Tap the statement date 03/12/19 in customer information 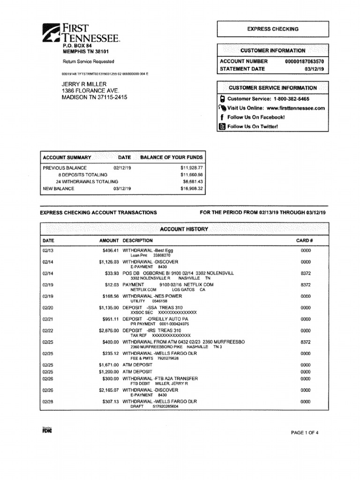click(317, 69)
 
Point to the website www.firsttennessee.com click(295, 108)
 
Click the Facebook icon click(222, 117)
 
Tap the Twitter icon click(223, 127)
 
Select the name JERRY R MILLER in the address click(84, 84)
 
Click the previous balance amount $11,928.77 click(191, 167)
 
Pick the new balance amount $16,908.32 click(191, 189)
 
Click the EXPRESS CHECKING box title click(272, 29)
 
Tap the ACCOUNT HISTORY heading click(184, 229)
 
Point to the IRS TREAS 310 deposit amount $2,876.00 click(109, 330)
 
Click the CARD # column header click(304, 240)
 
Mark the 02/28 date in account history click(47, 402)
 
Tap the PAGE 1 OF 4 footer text click(305, 433)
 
